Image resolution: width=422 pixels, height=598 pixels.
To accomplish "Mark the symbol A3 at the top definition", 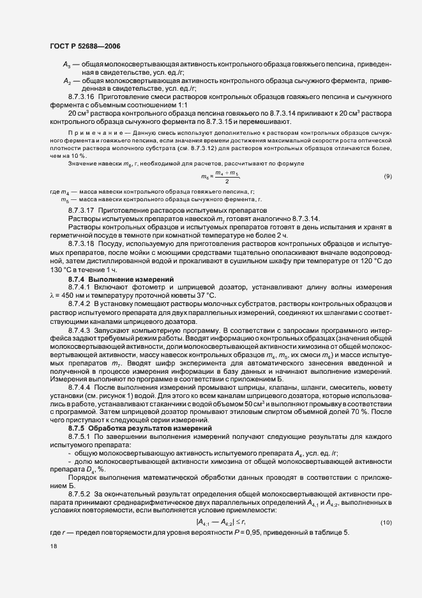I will click(x=67, y=65).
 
